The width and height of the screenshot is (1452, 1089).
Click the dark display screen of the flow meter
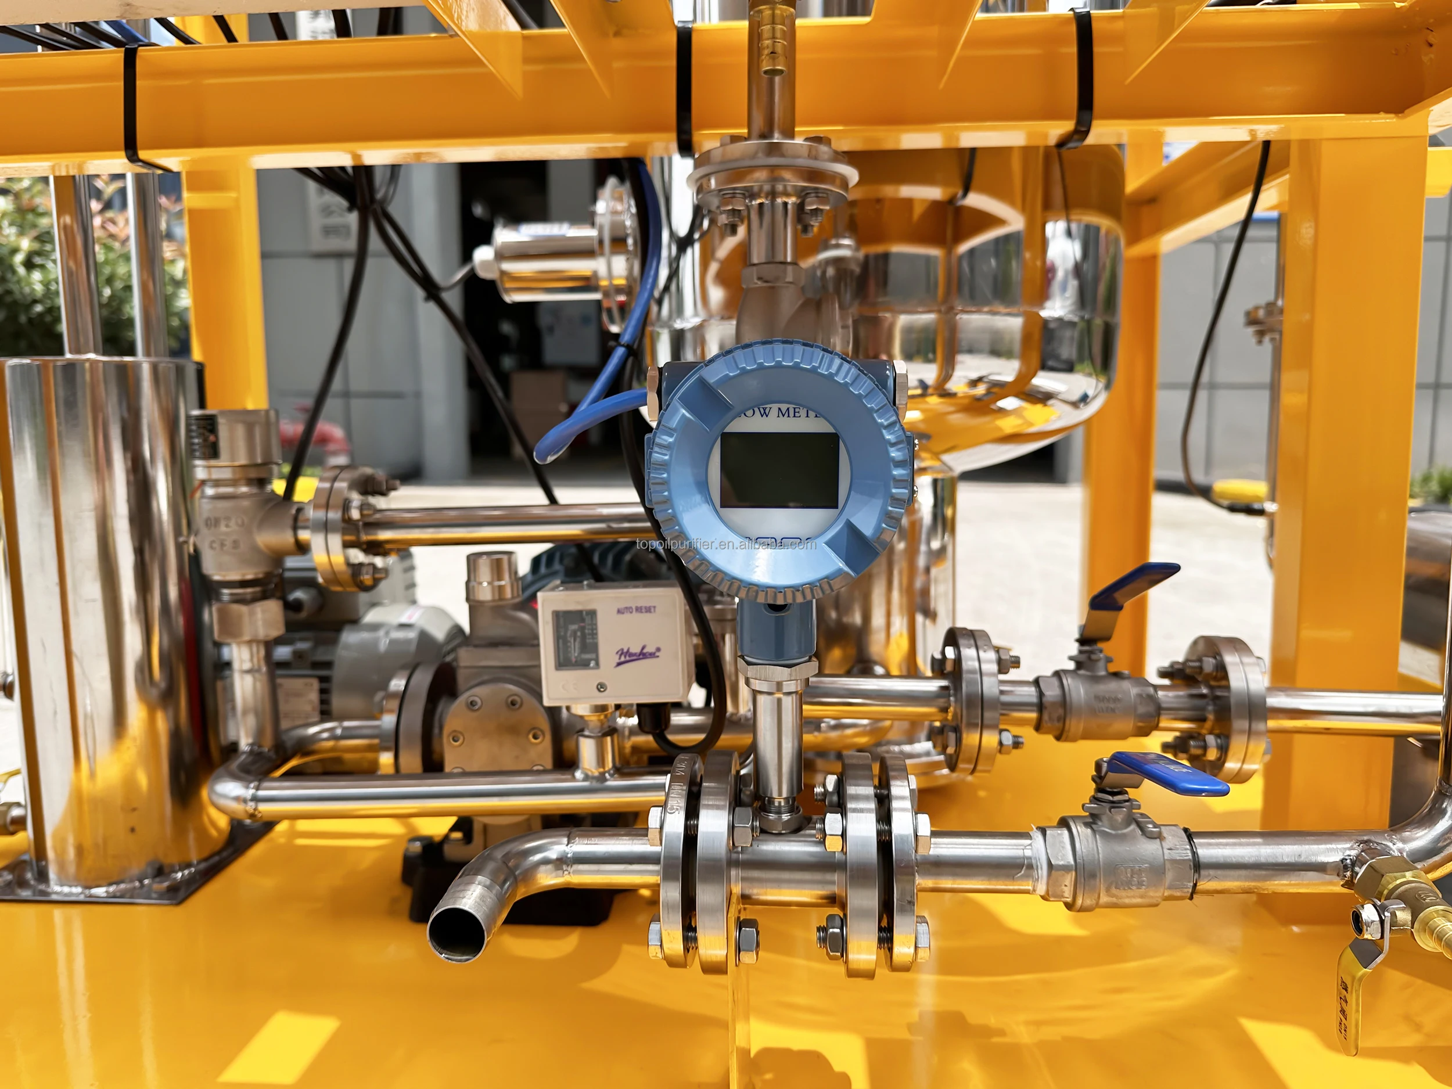pos(779,470)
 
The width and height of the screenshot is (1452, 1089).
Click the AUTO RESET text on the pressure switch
pos(635,610)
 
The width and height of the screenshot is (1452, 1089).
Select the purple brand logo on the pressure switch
pos(637,655)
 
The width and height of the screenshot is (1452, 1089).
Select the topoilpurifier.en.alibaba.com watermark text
pos(726,544)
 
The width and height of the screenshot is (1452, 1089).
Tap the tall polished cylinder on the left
pos(99,591)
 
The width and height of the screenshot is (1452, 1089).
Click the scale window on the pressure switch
pos(576,640)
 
